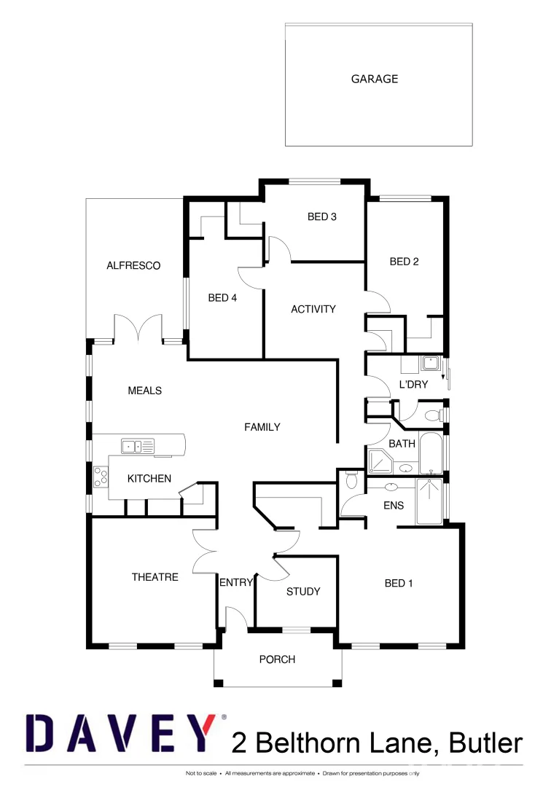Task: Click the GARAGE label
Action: pos(375,79)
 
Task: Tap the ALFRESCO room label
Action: pos(133,266)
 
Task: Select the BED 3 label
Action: pos(321,216)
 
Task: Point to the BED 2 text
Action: pos(404,262)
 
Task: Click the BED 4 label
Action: pos(222,297)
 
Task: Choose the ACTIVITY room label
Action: pos(313,309)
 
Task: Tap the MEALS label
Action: pos(144,391)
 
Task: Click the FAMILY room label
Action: pos(262,427)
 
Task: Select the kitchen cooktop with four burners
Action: pos(101,477)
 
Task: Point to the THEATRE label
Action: pos(155,577)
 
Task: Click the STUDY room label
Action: pos(303,592)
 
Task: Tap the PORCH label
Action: pos(278,659)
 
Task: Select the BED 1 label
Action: pos(399,583)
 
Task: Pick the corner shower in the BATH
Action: pos(380,462)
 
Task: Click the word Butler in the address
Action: pos(486,743)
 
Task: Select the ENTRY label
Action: pos(236,582)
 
